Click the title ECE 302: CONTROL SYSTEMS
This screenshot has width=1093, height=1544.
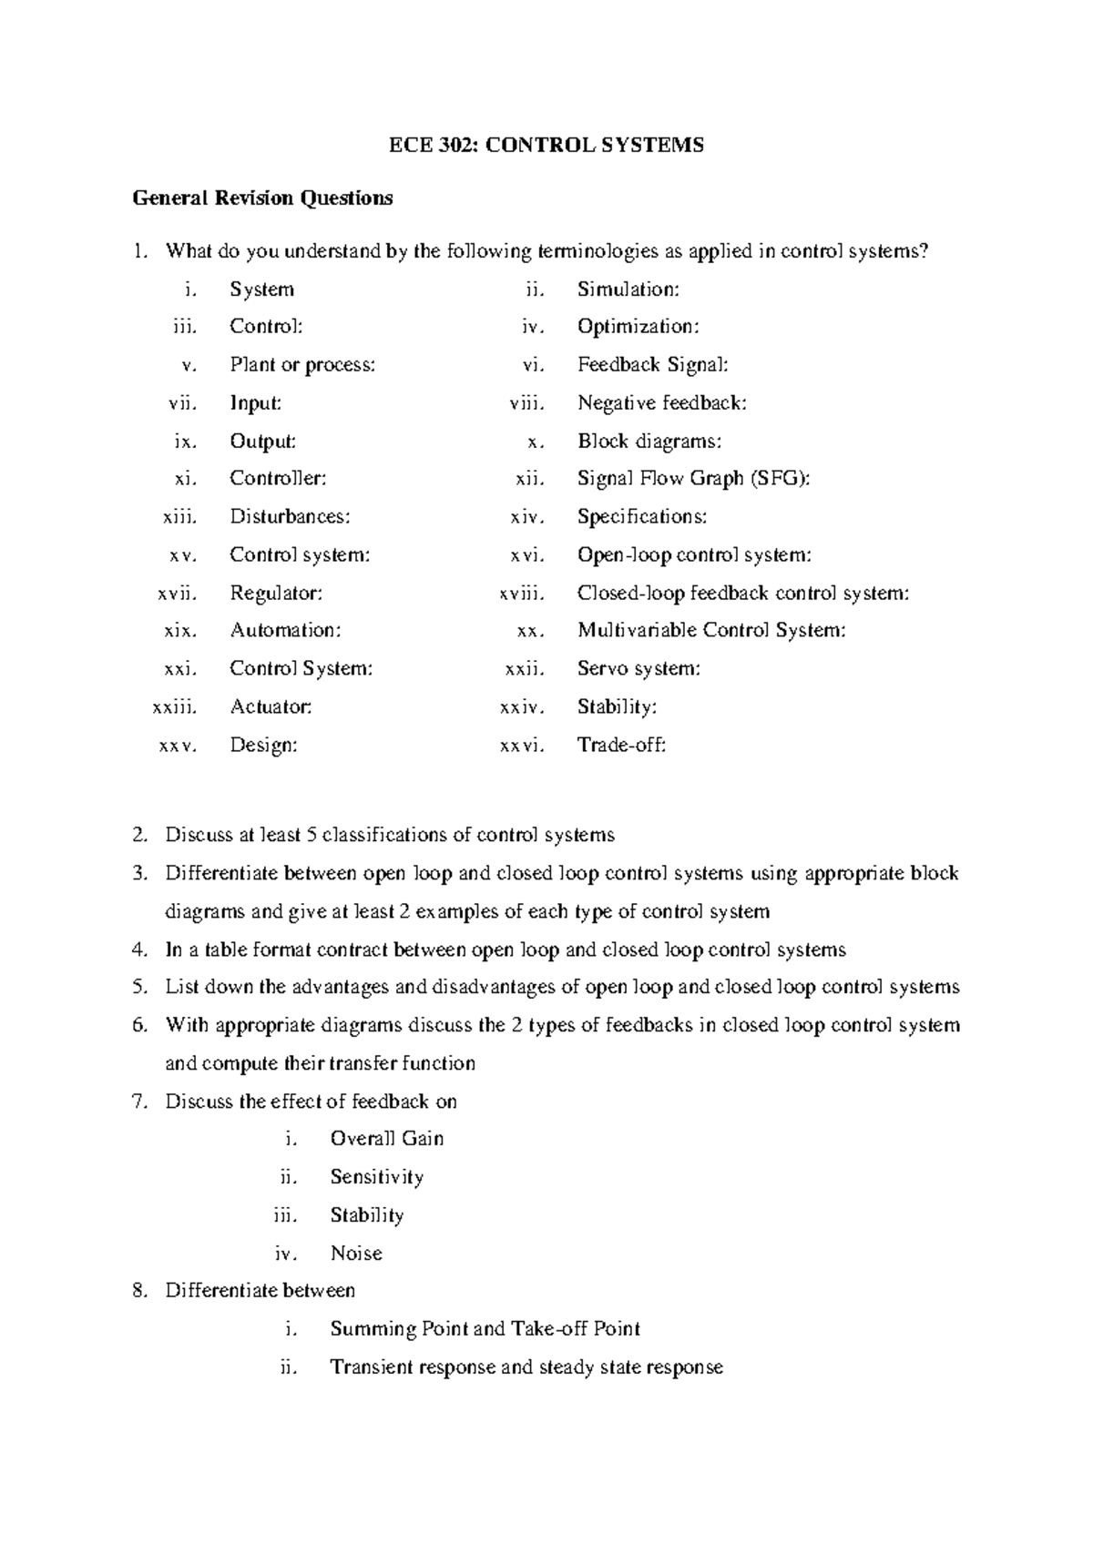[546, 146]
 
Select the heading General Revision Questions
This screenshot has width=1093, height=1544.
[262, 198]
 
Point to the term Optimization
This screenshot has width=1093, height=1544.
[638, 327]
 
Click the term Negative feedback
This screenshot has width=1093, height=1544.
[662, 402]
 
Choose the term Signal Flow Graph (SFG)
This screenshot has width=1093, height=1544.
[693, 479]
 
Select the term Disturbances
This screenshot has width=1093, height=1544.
[290, 517]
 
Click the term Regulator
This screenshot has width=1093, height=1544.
[276, 594]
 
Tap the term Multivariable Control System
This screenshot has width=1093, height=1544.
[711, 631]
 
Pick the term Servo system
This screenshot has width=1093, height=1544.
[638, 669]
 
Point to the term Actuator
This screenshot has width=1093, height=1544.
[271, 707]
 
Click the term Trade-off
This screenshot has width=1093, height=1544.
[622, 746]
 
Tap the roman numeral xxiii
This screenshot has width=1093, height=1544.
[174, 707]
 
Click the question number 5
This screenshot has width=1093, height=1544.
[139, 988]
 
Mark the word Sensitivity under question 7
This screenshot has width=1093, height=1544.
[377, 1177]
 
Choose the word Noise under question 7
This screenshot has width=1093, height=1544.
[356, 1254]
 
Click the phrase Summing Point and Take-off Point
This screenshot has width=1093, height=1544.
[485, 1329]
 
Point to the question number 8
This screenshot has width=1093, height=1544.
[139, 1291]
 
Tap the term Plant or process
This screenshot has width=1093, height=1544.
[302, 365]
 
